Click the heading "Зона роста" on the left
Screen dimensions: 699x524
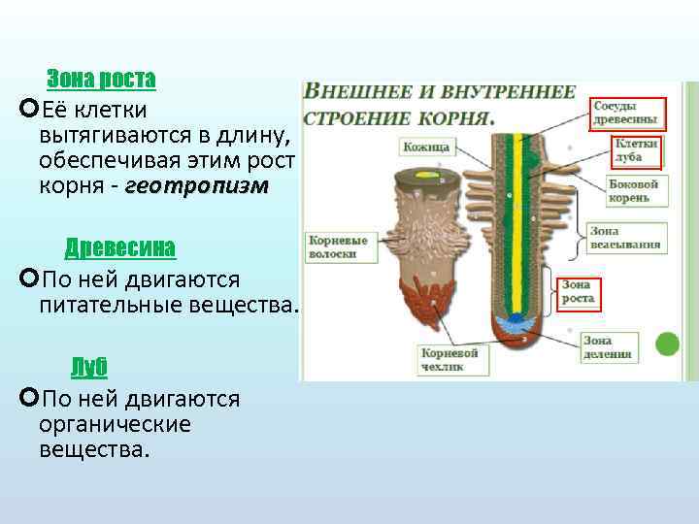pos(101,78)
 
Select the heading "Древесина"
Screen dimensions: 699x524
pos(120,247)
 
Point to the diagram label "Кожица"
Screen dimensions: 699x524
pos(424,147)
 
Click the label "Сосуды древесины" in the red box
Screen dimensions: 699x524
pos(626,114)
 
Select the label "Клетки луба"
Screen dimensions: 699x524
pos(635,149)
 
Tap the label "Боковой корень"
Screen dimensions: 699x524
pos(633,190)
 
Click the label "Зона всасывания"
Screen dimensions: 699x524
pos(625,238)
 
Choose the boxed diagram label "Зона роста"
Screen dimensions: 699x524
pos(579,292)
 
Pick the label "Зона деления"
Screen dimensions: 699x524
pos(609,347)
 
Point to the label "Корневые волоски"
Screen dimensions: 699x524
pos(332,246)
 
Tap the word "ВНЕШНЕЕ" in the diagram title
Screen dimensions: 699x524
pos(354,94)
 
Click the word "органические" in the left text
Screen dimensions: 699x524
pos(115,425)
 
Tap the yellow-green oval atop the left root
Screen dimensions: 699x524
pos(425,176)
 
